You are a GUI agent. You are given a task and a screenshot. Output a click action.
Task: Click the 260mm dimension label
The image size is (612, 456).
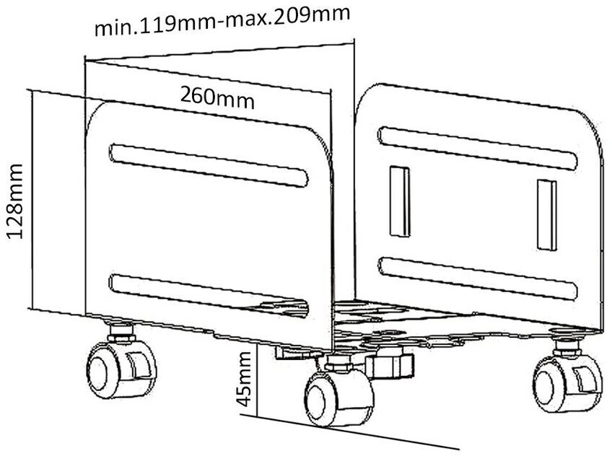click(217, 97)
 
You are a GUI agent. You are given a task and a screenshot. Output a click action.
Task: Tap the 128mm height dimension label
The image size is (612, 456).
click(16, 201)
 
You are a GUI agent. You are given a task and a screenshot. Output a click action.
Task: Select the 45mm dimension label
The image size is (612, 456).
click(244, 379)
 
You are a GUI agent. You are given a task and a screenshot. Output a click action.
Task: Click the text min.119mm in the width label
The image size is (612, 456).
click(154, 25)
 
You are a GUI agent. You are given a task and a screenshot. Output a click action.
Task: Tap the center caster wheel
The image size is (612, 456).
click(338, 397)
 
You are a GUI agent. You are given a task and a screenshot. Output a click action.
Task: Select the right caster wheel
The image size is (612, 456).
click(567, 383)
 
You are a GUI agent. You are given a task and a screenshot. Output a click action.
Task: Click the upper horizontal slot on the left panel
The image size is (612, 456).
click(209, 165)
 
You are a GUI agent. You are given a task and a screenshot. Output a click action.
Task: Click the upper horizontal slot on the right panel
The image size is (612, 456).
click(477, 148)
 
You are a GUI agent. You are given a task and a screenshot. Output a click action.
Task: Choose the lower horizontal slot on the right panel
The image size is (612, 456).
click(477, 279)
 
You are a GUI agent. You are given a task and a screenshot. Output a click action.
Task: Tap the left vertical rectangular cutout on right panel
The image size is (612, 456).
click(399, 201)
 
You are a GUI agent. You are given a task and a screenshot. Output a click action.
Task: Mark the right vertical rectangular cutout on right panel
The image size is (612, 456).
click(547, 215)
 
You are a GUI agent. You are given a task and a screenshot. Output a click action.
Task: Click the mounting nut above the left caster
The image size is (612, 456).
click(121, 332)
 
